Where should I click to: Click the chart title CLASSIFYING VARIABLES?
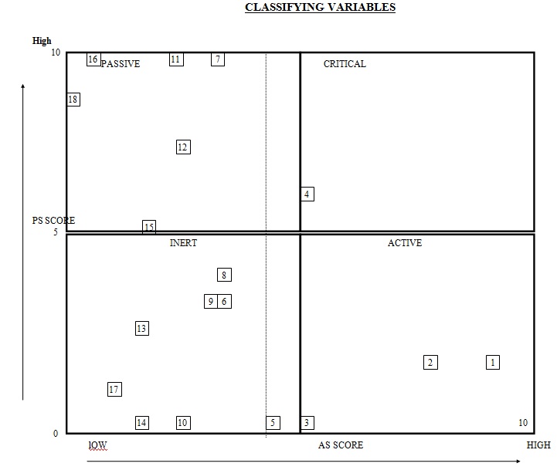tap(320, 8)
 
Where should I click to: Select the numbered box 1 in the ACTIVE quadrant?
tap(493, 362)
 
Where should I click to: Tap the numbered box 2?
tap(430, 362)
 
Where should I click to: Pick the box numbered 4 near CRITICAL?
tap(307, 194)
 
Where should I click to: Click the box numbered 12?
tap(182, 147)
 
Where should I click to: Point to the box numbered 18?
tap(73, 100)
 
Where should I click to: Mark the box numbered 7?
tap(218, 59)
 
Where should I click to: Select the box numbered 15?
tap(149, 227)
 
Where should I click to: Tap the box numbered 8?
tap(223, 275)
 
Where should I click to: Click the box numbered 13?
tap(141, 329)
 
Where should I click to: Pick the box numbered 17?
tap(114, 390)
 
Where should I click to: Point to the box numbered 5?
tap(273, 423)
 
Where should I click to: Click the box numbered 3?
tap(307, 423)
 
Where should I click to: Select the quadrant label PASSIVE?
tap(121, 64)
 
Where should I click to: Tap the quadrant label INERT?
tap(183, 243)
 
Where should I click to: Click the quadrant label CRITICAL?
tap(345, 64)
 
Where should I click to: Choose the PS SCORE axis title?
tap(53, 221)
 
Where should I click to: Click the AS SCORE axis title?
tap(340, 445)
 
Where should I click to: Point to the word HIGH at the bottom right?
tap(538, 445)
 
